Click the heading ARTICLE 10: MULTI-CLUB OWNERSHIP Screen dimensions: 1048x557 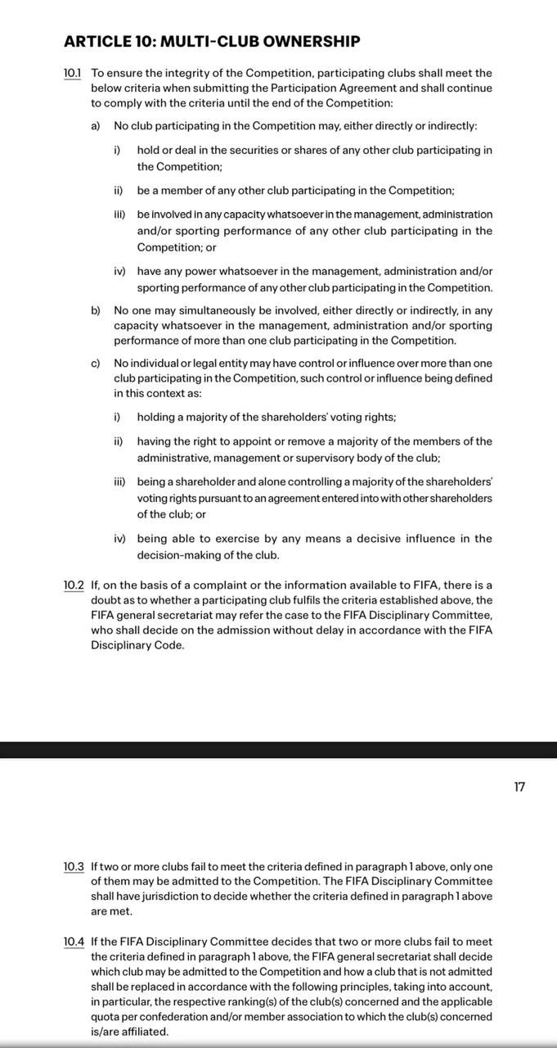pos(212,41)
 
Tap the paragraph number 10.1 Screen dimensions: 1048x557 pos(73,74)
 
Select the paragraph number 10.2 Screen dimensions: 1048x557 pos(74,585)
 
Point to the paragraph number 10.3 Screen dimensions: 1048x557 pos(74,866)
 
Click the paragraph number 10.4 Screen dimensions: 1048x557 pos(74,942)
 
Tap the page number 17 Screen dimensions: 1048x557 pos(519,787)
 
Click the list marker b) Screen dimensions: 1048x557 pos(96,310)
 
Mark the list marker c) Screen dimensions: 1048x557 pos(96,363)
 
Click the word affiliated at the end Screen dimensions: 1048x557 pos(138,1032)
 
